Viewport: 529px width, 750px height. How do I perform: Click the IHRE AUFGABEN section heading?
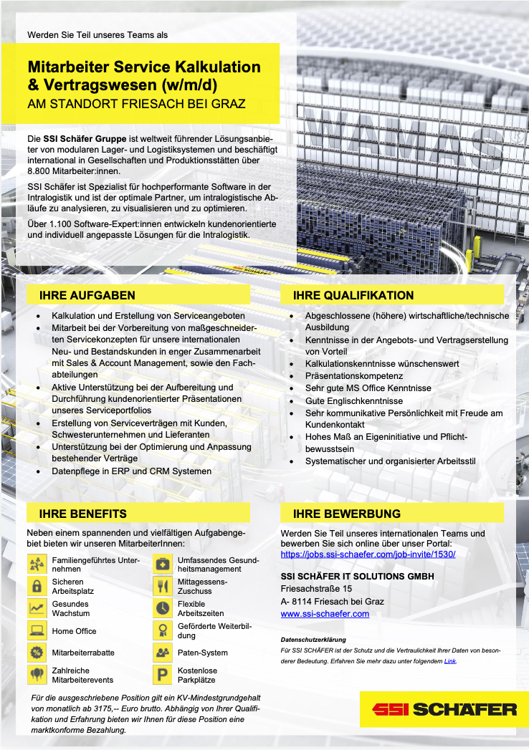pos(87,295)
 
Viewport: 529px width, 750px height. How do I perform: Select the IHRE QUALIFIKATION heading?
pos(353,295)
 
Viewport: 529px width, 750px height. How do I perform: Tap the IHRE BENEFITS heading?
pos(83,514)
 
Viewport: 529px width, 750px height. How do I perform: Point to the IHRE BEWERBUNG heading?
pos(347,514)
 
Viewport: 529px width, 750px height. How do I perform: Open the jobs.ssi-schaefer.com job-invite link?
pos(368,554)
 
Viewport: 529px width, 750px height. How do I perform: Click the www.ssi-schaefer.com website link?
pos(325,614)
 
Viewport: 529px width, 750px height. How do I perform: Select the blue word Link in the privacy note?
pos(449,661)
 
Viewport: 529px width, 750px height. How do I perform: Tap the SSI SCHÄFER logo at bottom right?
pos(444,709)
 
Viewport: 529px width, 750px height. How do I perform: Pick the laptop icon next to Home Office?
pos(37,631)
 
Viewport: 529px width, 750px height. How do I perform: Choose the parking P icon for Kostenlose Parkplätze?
pos(163,675)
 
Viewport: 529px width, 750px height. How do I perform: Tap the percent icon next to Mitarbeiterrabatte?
pos(37,653)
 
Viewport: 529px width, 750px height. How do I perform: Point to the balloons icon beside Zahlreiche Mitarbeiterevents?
pos(37,675)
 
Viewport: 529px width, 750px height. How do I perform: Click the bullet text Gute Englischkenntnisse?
pos(354,401)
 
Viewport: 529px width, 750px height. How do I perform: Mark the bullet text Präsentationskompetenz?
pos(354,375)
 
